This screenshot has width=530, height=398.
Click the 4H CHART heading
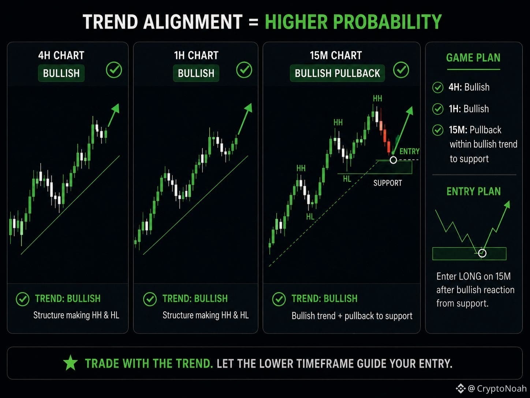point(61,55)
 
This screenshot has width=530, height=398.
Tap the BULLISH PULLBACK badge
point(337,73)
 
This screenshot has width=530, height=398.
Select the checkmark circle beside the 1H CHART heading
point(244,70)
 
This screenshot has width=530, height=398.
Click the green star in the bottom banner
point(70,363)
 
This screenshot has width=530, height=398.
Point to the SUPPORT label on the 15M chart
point(388,183)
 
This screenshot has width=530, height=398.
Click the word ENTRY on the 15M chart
point(409,151)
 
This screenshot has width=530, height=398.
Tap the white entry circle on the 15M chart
point(393,160)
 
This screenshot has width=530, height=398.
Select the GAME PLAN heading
point(473,58)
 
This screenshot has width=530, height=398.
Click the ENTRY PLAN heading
point(474,191)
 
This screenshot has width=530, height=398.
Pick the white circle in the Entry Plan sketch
point(482,253)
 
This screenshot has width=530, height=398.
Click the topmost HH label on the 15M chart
point(377,98)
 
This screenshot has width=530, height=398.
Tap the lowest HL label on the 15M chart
point(310,217)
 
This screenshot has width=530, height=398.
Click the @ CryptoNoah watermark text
point(497,388)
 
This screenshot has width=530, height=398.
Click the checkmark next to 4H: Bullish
point(437,87)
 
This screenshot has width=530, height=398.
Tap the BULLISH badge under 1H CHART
point(196,73)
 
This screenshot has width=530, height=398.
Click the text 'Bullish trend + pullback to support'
point(352,316)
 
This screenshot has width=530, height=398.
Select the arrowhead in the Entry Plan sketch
point(507,204)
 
